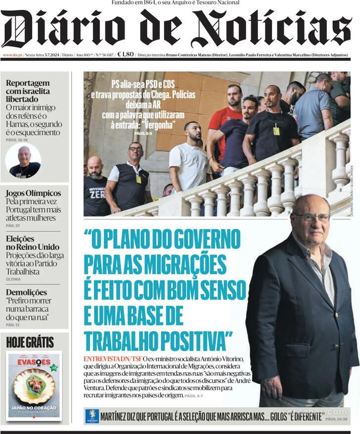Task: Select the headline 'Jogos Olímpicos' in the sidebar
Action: pos(33,193)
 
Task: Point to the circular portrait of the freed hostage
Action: pos(23,161)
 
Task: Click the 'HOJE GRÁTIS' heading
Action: pos(30,342)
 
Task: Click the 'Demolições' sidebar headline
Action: pos(26,292)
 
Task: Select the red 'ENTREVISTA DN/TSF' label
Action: pos(112,358)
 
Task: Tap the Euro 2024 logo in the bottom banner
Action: pos(92,416)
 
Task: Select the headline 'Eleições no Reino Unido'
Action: pos(32,242)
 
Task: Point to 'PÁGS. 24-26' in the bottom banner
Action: pos(336,419)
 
